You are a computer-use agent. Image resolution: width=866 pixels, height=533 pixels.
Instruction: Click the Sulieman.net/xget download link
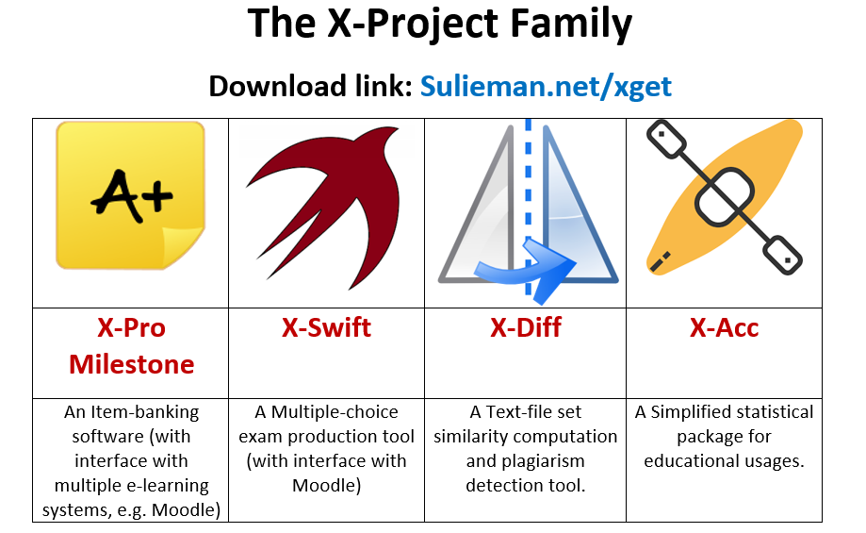click(x=546, y=87)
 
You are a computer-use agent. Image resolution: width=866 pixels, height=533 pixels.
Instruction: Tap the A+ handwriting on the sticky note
click(x=131, y=195)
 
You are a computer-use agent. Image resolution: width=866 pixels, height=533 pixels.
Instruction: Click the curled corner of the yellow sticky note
click(x=182, y=246)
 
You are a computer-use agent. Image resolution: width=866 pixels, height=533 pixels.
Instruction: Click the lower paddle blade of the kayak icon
click(x=782, y=255)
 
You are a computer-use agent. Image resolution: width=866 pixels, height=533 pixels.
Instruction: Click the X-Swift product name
click(x=326, y=327)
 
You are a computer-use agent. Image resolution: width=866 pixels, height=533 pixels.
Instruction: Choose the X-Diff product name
click(x=526, y=327)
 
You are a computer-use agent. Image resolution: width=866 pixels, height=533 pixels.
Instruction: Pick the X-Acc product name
click(x=724, y=327)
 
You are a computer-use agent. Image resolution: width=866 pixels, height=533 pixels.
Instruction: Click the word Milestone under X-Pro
click(x=131, y=364)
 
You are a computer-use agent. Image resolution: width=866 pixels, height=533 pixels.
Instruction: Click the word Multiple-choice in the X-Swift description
click(x=335, y=412)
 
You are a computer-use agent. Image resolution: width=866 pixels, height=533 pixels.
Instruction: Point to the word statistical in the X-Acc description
click(x=758, y=412)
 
